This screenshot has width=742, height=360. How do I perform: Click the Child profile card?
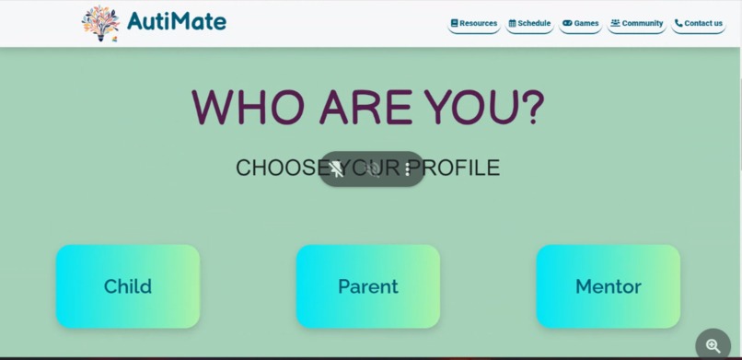pos(128,286)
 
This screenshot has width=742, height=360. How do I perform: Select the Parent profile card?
pos(367,286)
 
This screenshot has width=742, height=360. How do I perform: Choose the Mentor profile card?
pos(608,286)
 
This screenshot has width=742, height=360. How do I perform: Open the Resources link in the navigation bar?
pos(474,23)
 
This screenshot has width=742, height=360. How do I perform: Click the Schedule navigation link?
pos(530,23)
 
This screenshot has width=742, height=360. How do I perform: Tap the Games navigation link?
pos(581,23)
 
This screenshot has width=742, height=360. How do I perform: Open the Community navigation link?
pos(637,23)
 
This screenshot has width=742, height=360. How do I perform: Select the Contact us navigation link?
pos(699,23)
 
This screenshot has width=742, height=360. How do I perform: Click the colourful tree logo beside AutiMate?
pos(100,23)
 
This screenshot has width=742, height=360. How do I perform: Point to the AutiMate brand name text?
pos(177,21)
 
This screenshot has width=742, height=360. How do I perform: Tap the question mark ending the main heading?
pos(533,108)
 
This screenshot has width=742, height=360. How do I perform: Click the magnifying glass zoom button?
pos(713,346)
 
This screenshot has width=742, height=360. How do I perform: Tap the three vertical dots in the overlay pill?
pos(407,169)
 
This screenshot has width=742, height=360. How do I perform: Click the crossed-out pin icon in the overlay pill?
pos(337,169)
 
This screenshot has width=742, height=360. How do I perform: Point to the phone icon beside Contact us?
pos(678,23)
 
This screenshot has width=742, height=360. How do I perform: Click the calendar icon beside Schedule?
pos(513,23)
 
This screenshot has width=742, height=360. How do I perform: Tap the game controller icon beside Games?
pos(567,23)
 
